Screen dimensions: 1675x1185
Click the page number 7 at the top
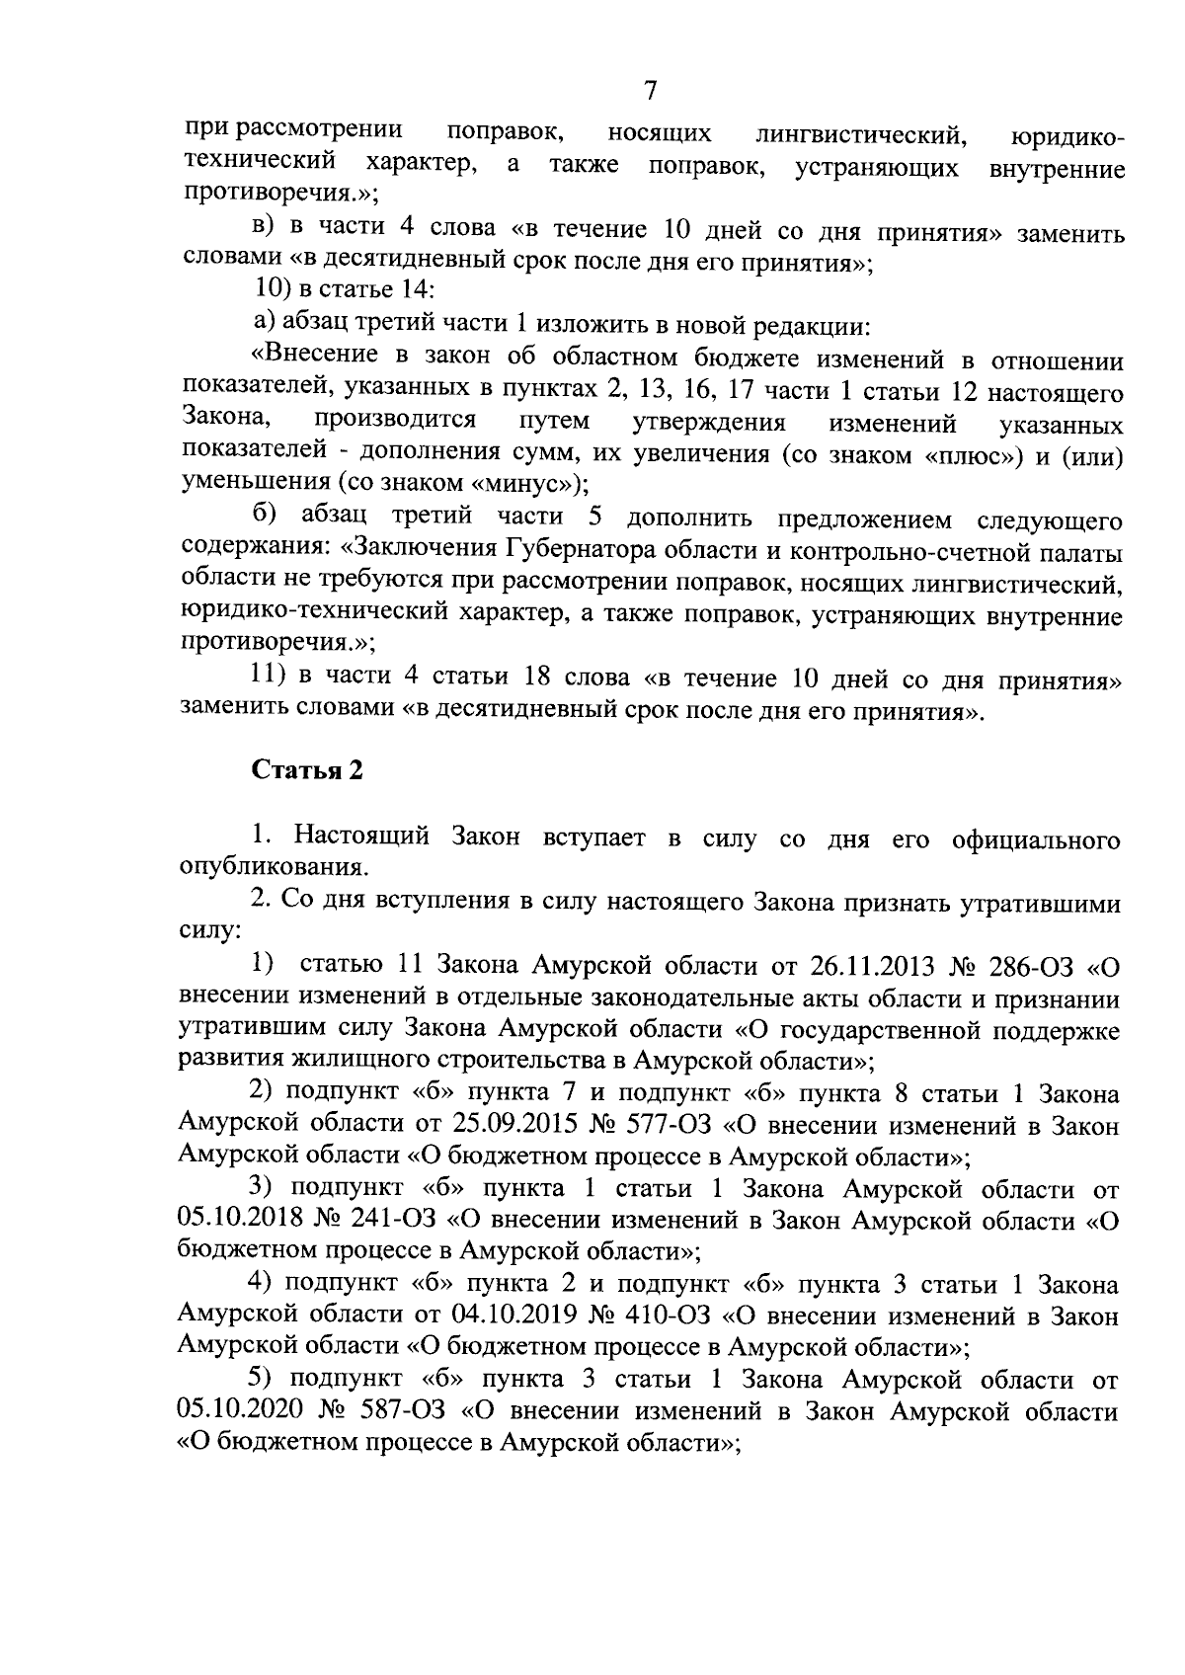tap(649, 91)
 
